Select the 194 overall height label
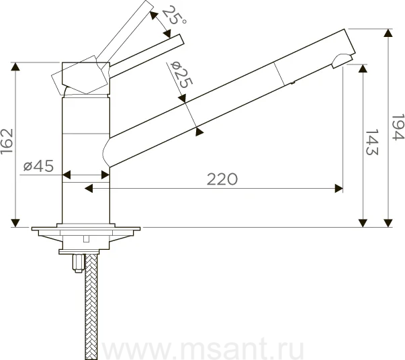[x=398, y=127]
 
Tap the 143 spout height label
[x=372, y=142]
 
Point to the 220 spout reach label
[x=222, y=179]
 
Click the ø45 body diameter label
[x=38, y=165]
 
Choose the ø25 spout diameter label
[x=182, y=75]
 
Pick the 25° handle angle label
[x=174, y=15]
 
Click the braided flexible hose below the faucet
[x=91, y=306]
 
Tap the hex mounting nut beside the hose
[x=79, y=263]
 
